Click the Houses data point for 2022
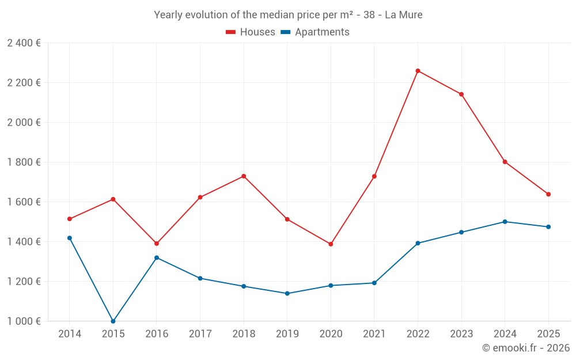coord(418,71)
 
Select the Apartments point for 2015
coord(113,321)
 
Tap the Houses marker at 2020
coord(331,244)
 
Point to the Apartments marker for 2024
coord(505,222)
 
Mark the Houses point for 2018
coord(244,176)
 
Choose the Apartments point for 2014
coord(69,238)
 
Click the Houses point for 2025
coord(548,194)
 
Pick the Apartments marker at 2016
coord(157,257)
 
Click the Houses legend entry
coord(251,32)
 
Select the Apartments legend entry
coord(315,32)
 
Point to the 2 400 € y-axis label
coord(24,43)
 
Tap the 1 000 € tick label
coord(24,321)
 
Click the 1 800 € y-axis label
coord(24,162)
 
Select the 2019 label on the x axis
coord(287,334)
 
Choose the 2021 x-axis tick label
coord(374,334)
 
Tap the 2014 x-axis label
coord(69,334)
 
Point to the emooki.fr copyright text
coord(526,348)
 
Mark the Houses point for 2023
coord(461,94)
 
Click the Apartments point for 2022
coord(418,243)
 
